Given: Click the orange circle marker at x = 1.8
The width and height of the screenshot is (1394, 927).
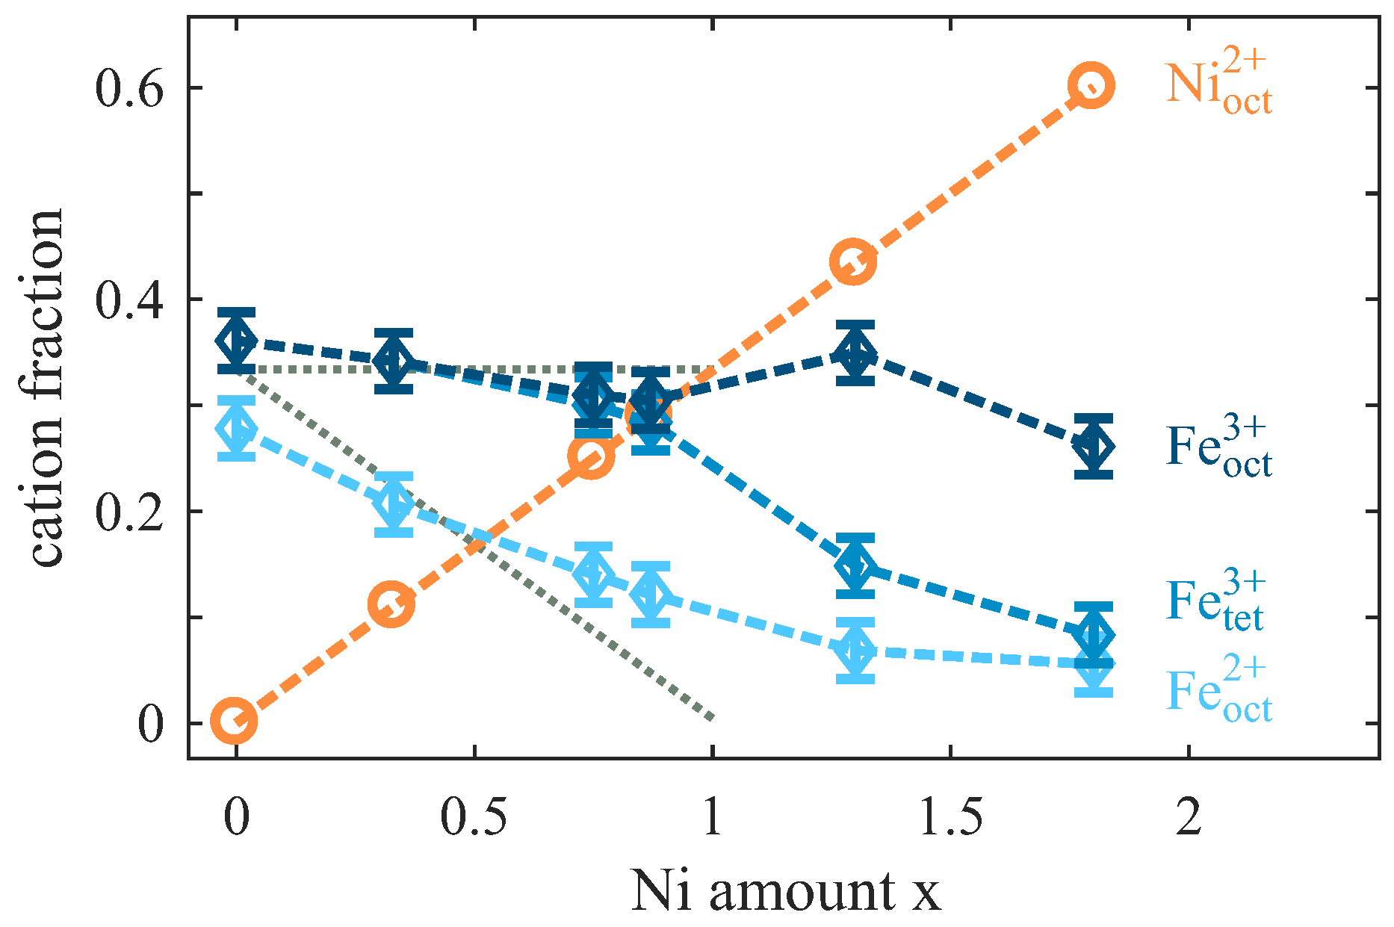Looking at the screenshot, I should tap(1091, 86).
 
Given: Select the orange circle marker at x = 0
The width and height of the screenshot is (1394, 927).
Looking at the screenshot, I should tap(235, 721).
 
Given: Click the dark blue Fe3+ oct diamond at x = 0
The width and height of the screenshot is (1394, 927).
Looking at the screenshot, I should tap(237, 341).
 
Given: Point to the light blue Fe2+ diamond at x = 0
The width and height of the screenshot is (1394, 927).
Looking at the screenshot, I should tap(237, 429).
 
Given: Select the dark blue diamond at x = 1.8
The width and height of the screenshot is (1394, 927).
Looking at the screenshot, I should tap(1094, 446).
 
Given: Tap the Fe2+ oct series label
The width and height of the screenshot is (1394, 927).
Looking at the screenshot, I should tap(1218, 690).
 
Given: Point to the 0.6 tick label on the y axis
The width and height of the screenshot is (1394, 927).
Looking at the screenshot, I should tap(128, 88).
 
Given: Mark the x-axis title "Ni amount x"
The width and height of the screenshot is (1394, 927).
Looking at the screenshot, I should tap(786, 891).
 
